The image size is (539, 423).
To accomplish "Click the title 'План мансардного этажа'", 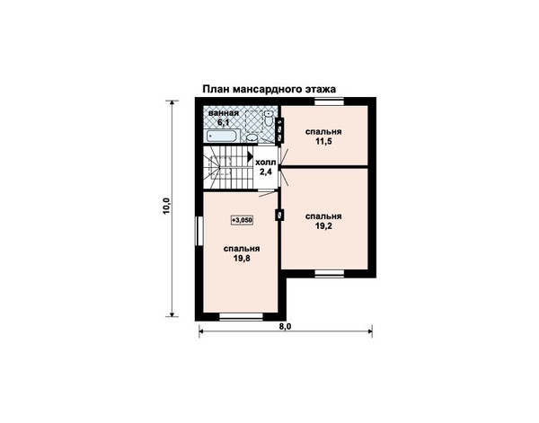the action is point(269,89).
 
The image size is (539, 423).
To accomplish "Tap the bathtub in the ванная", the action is point(221,136).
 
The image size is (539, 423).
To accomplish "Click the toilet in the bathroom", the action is point(269,118).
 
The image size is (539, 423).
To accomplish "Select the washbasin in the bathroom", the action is point(252,138).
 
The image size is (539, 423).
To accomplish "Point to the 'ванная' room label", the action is point(224,113).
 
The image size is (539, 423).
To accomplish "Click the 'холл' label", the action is point(266,162).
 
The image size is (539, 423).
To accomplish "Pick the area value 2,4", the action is point(266,172).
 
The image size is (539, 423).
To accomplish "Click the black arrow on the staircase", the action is point(250,156).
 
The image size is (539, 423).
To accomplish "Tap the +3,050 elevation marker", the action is point(242,220).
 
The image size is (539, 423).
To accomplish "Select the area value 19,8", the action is point(242,259).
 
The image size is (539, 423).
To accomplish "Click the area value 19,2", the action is point(323,225).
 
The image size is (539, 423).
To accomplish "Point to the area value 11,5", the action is point(323,141).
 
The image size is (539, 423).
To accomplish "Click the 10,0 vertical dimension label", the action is point(166,207).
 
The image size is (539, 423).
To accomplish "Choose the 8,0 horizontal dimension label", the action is point(286,326).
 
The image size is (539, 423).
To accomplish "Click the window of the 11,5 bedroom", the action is point(330,101).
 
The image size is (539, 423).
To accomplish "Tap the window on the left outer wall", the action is point(199,231).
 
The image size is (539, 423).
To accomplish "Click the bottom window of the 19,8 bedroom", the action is point(242,316).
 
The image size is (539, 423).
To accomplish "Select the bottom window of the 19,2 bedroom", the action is point(330,273).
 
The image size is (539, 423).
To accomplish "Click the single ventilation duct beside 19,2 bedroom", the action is point(279,216).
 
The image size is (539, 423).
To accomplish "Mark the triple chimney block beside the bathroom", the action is point(279,130).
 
